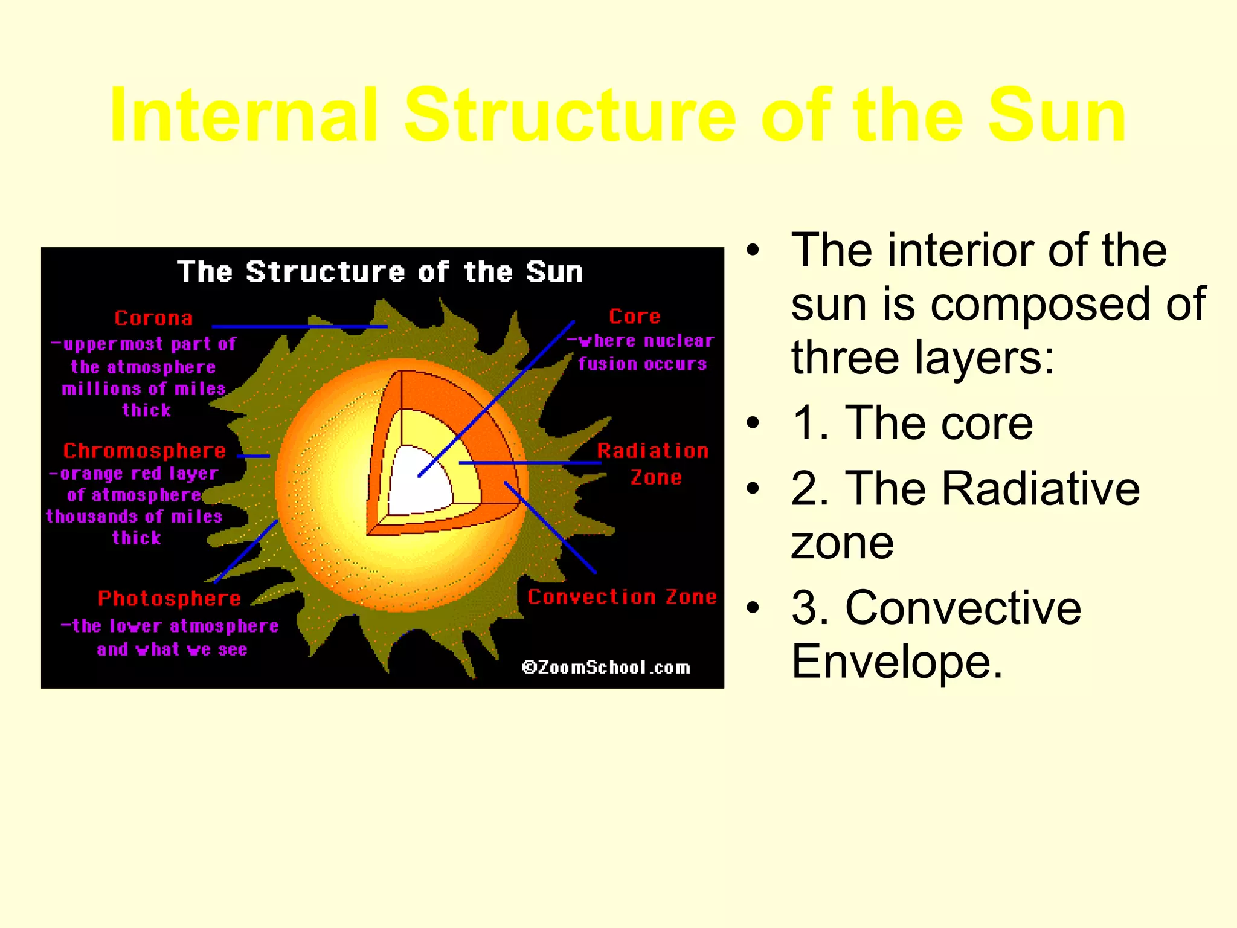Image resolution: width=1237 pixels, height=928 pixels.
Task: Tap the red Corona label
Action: click(x=153, y=318)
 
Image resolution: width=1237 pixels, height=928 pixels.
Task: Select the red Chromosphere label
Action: click(x=145, y=451)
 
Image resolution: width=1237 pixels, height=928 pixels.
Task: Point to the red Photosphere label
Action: click(x=170, y=599)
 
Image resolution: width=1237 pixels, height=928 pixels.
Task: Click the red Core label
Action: click(x=634, y=316)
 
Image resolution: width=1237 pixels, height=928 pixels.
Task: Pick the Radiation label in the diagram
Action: click(x=652, y=451)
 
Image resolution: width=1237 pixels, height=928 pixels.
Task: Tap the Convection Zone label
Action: click(x=622, y=597)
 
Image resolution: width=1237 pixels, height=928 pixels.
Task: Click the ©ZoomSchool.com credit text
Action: click(x=606, y=668)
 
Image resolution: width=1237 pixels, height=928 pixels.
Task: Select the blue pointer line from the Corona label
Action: click(x=299, y=326)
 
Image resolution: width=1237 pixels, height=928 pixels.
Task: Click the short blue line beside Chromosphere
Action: click(x=254, y=456)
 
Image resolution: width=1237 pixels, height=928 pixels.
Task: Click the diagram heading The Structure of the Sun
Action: click(x=380, y=272)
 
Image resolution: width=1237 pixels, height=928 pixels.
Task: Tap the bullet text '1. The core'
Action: click(x=912, y=423)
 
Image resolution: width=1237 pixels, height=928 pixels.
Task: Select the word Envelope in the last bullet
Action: click(x=897, y=662)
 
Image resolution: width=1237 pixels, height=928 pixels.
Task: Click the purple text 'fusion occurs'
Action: click(x=642, y=364)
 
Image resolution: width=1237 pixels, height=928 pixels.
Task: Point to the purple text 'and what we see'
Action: click(x=172, y=649)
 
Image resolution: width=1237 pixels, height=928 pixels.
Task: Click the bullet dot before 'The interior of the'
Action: click(x=752, y=250)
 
